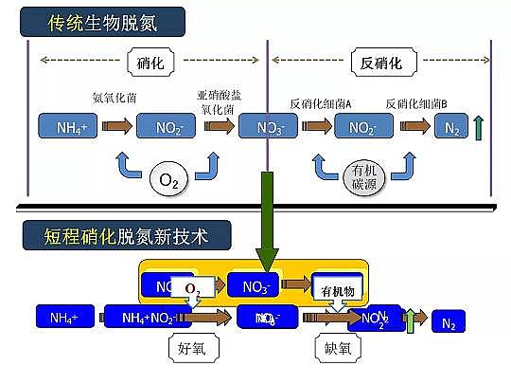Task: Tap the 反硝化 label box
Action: coord(382,64)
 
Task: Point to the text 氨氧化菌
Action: coord(113,99)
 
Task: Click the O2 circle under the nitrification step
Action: coord(167,176)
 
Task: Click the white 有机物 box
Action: coord(337,292)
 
